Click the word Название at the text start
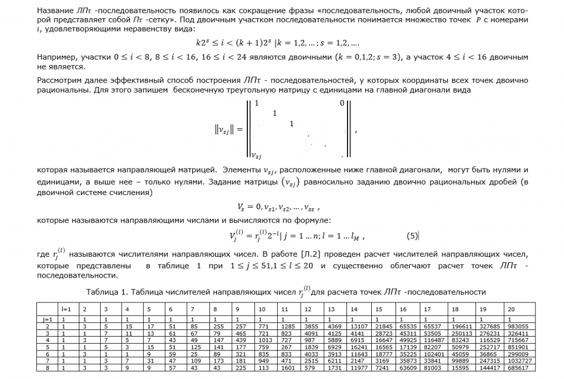coord(53,11)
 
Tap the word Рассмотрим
coord(58,80)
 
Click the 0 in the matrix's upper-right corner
coord(341,103)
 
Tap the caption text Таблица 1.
coord(105,291)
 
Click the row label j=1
coord(47,319)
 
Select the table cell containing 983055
coord(517,326)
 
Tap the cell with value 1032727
coord(519,361)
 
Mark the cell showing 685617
coord(517,367)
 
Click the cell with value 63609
coord(408,367)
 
